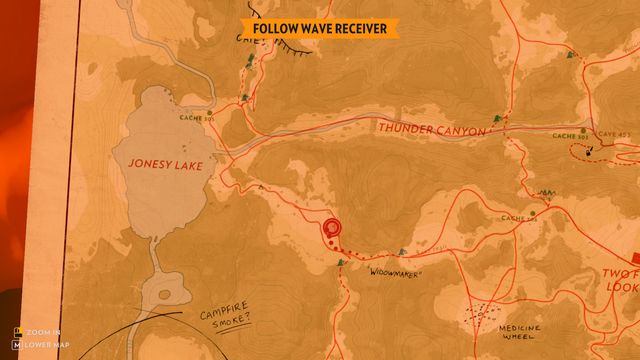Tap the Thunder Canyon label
click(x=430, y=130)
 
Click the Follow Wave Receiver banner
click(x=319, y=29)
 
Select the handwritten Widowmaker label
click(x=398, y=272)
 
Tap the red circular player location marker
click(x=331, y=229)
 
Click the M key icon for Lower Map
click(x=17, y=345)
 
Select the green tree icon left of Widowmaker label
click(x=341, y=262)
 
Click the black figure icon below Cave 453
click(x=592, y=152)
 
